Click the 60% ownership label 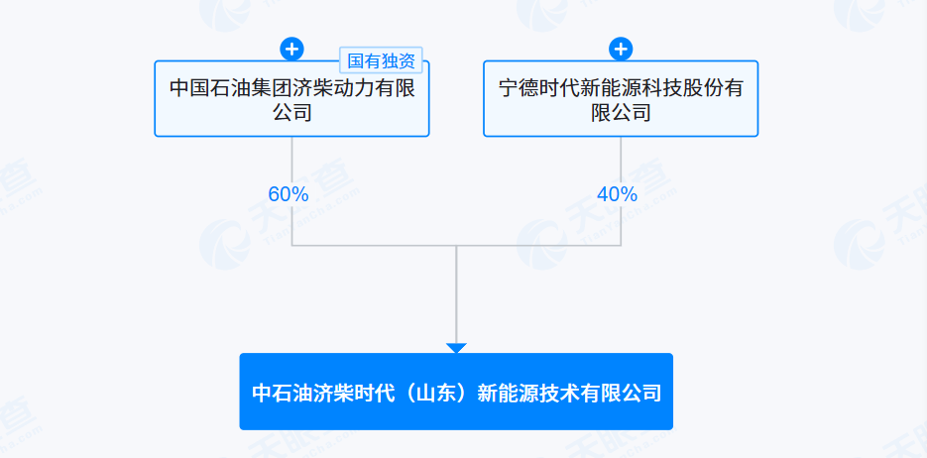(x=289, y=194)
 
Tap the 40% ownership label (x=618, y=194)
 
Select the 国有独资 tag (x=381, y=60)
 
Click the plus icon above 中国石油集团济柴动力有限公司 (x=292, y=49)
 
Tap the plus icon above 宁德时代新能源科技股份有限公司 (x=621, y=49)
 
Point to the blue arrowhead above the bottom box (x=456, y=348)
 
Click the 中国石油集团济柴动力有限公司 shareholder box (x=292, y=99)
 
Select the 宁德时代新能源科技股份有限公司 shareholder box (x=621, y=99)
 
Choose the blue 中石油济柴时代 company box (x=456, y=392)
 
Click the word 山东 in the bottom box (x=436, y=393)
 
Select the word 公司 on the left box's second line (x=292, y=112)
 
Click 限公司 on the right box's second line (x=621, y=112)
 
